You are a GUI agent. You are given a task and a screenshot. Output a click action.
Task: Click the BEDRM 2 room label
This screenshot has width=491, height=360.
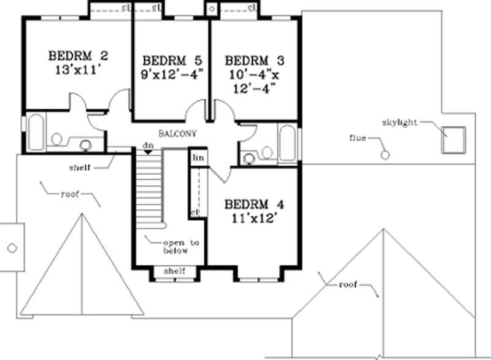78,56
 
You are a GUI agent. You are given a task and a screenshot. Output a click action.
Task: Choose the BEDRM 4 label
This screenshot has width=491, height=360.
254,204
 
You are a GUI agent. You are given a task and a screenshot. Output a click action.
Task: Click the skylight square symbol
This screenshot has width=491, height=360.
454,138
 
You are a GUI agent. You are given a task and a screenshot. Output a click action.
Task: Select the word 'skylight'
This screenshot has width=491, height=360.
401,123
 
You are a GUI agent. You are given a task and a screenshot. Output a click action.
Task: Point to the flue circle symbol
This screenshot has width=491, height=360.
385,155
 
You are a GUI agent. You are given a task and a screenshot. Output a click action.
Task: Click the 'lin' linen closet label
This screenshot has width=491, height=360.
198,158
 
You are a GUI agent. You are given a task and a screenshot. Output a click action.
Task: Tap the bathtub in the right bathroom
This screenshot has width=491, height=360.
287,142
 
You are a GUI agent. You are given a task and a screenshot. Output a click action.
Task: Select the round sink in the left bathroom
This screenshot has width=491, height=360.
85,145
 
